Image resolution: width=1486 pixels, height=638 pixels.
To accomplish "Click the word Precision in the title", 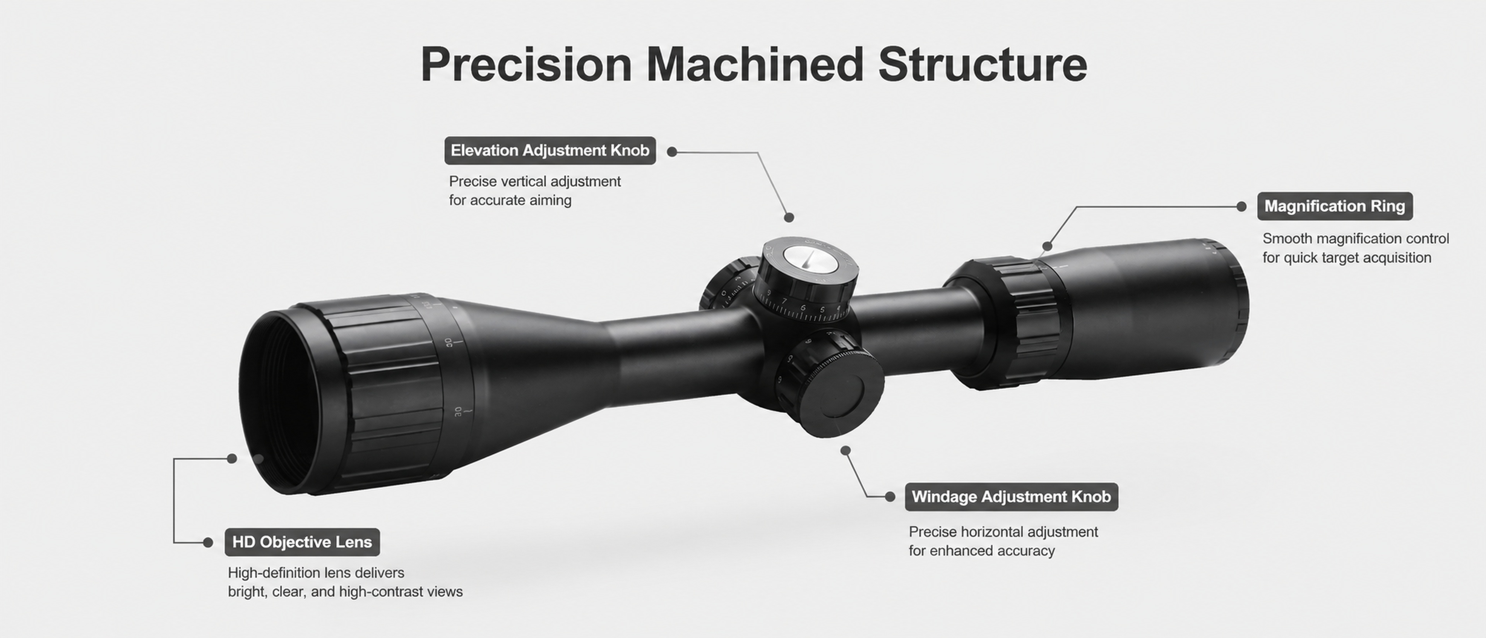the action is tap(527, 65).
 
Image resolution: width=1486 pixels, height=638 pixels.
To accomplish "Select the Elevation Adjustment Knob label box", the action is tap(550, 151).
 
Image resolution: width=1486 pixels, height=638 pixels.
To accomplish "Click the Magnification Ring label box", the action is tap(1335, 206).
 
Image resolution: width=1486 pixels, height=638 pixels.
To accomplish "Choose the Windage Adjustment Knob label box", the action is tap(1011, 497).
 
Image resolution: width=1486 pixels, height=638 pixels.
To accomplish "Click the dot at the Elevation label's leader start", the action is tap(672, 152).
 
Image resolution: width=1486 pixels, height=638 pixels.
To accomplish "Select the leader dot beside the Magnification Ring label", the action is tap(1241, 206).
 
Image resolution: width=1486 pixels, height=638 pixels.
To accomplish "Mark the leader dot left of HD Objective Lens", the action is tap(208, 542).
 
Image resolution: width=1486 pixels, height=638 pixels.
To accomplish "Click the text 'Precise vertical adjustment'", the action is tap(535, 182).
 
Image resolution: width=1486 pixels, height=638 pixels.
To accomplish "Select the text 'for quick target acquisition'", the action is tap(1347, 258).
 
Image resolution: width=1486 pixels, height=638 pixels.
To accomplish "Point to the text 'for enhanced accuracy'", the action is tap(982, 551).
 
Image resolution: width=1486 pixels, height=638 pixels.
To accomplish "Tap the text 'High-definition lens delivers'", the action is tap(316, 573).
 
